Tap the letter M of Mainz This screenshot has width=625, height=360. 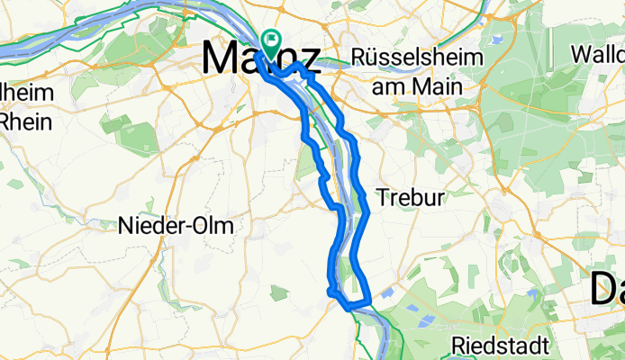tap(222, 58)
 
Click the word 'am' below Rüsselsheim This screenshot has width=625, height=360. tap(391, 87)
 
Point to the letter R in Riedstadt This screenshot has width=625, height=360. tap(457, 345)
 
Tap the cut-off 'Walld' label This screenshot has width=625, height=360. tap(597, 54)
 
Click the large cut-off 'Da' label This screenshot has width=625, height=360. tap(608, 292)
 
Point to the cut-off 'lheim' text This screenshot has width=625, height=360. tap(27, 93)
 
